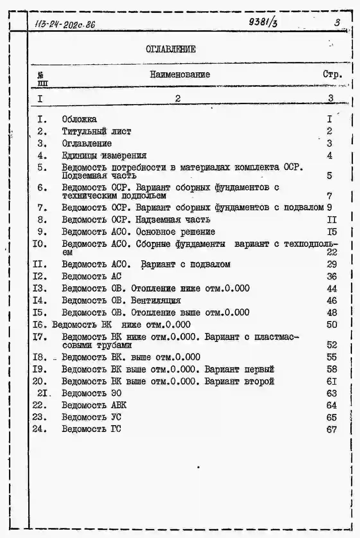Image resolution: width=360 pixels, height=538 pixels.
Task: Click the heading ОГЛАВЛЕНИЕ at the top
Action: (x=171, y=49)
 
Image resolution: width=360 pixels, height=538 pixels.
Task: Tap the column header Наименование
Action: (x=180, y=75)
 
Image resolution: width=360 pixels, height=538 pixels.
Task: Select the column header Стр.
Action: (x=332, y=75)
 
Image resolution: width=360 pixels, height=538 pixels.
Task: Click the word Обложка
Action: (x=79, y=119)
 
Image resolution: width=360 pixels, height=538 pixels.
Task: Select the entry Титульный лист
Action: (x=96, y=131)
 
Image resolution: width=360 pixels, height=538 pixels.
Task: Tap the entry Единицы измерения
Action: (x=104, y=156)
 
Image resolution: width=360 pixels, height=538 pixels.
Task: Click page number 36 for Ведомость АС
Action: (x=332, y=276)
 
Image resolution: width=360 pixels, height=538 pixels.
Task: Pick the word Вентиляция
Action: (x=156, y=300)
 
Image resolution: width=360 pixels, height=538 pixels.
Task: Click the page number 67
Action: (x=332, y=429)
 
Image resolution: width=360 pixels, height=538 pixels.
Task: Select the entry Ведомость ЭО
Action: (x=92, y=393)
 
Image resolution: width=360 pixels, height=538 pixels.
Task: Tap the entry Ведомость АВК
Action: (x=94, y=405)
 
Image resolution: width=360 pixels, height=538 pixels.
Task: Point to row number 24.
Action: (x=40, y=429)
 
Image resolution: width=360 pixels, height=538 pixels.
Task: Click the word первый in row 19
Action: (x=259, y=369)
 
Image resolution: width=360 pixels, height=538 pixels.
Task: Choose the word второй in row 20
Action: (x=259, y=381)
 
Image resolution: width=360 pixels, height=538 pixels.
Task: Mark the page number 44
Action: (x=332, y=289)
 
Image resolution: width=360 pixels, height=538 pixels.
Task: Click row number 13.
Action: (x=40, y=288)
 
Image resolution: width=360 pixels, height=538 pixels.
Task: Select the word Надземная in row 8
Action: (x=153, y=220)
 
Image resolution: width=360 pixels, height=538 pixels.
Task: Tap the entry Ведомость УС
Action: (x=91, y=417)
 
